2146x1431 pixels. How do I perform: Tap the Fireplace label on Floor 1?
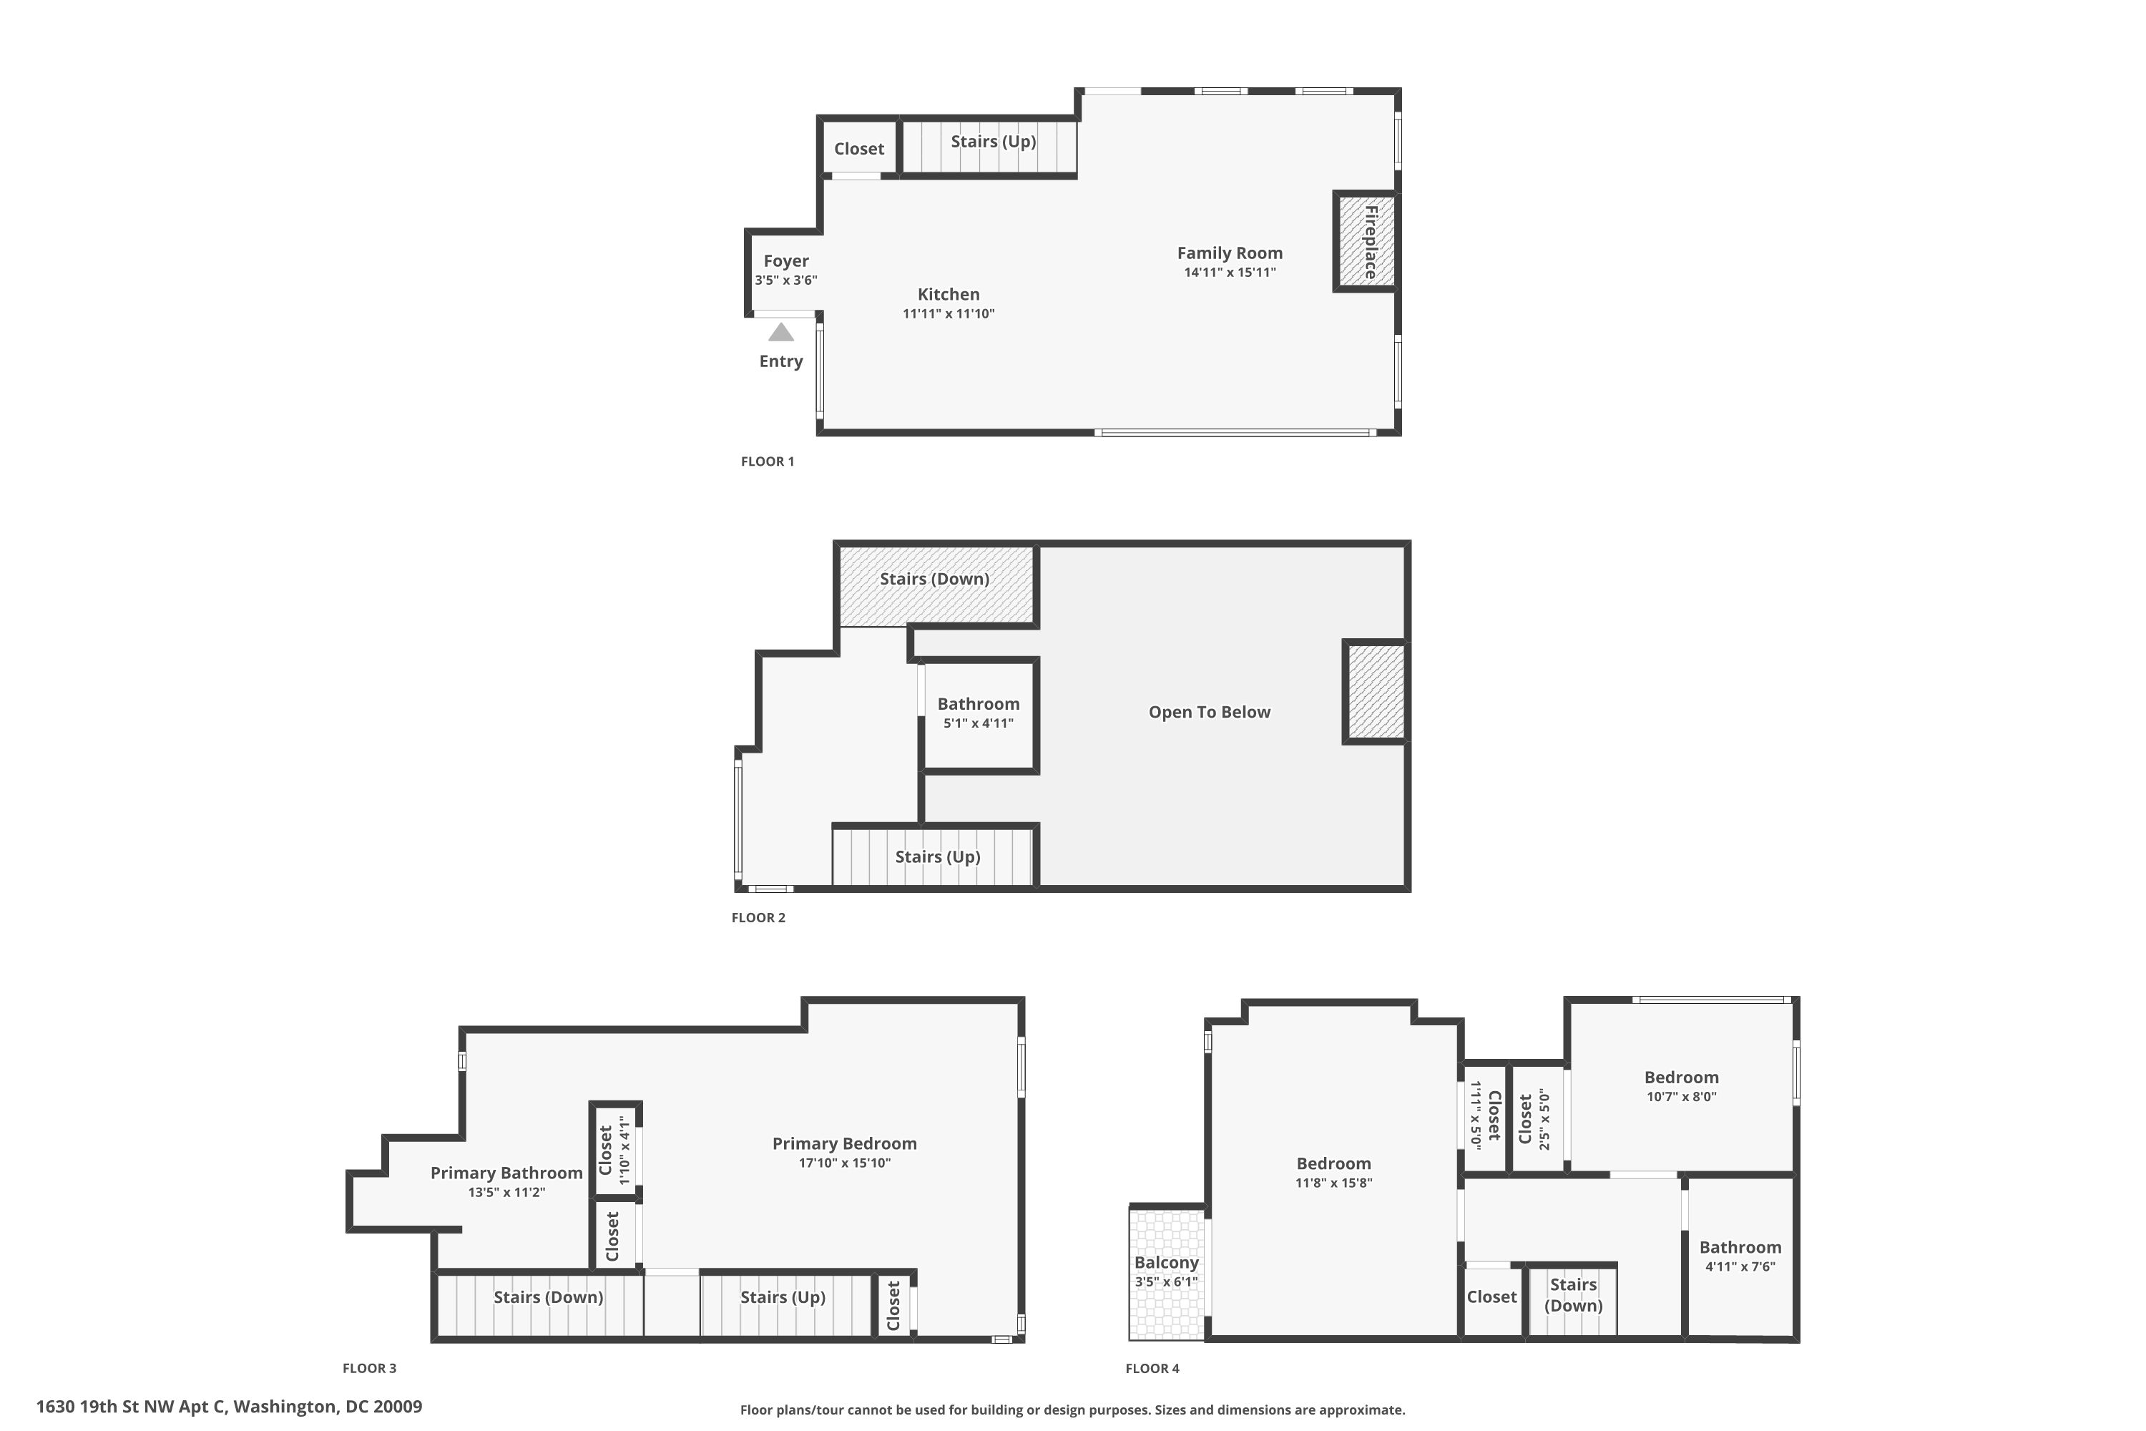[1370, 242]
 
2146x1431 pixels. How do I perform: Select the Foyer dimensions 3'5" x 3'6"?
[785, 280]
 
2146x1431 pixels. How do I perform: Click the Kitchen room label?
[948, 294]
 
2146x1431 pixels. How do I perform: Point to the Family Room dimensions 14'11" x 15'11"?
[1229, 272]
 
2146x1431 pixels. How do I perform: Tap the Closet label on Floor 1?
[858, 149]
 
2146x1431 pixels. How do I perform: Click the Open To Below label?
[1209, 712]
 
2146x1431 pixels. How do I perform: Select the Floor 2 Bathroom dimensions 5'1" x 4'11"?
[978, 723]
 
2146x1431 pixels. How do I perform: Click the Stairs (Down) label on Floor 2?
[934, 579]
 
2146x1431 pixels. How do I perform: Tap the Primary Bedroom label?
[844, 1143]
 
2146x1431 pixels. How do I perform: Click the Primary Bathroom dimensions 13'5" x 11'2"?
[506, 1192]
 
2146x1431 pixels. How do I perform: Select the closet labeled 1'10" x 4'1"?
[614, 1150]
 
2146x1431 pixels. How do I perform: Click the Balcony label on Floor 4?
[1166, 1262]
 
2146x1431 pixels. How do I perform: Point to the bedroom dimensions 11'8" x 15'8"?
[1333, 1183]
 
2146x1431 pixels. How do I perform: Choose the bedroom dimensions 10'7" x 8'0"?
[1680, 1097]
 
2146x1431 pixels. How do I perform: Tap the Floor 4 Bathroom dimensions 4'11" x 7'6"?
[1739, 1266]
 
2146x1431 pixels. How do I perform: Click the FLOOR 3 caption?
[370, 1368]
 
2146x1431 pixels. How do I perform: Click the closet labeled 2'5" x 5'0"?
[1534, 1119]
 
